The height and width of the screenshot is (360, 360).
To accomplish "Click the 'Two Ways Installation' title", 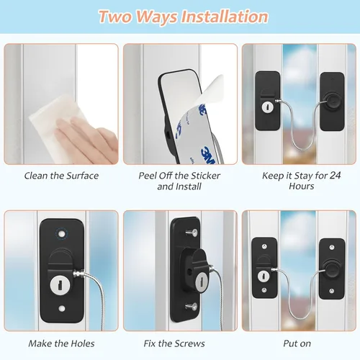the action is tap(183, 17).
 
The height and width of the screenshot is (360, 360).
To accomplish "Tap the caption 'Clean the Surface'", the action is tap(61, 176).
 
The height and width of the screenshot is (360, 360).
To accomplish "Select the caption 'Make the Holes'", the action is tap(61, 343).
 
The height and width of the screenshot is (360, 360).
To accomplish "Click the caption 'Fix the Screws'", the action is tap(174, 343).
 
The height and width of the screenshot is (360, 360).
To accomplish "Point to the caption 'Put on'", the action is tap(297, 343).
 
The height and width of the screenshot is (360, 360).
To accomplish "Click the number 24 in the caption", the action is tap(335, 176).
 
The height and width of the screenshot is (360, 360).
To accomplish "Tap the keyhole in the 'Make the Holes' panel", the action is tap(60, 285).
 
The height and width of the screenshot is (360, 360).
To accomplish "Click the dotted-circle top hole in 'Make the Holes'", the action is tap(62, 233).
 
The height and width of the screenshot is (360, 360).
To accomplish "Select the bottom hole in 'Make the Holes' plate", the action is tap(62, 308).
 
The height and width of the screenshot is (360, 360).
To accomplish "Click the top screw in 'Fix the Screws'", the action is tap(192, 233).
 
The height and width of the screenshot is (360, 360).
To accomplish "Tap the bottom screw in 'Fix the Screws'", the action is tap(192, 306).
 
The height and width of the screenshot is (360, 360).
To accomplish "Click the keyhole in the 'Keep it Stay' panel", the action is tap(267, 107).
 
